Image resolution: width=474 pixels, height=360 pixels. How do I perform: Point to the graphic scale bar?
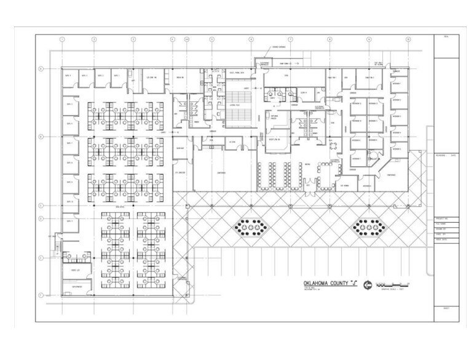point(395,283)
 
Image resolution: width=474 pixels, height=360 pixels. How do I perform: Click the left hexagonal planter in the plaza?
point(251,228)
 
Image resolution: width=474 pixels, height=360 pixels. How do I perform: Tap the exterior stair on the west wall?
point(57,247)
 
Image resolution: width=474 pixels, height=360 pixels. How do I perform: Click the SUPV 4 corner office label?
point(68,76)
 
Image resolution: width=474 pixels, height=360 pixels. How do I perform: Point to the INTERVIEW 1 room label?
point(397,83)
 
